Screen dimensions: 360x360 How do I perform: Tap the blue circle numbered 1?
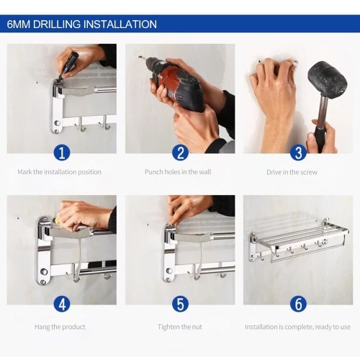62,153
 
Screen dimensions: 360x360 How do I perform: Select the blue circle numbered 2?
180,153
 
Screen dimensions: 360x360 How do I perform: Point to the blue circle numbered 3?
298,153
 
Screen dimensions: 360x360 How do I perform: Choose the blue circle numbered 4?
62,304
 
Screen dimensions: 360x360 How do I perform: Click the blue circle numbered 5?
180,304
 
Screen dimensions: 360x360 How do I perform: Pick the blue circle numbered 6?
298,304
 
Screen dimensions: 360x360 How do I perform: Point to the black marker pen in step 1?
70,63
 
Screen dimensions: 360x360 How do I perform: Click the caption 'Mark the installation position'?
59,172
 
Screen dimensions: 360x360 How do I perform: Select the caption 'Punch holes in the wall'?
178,172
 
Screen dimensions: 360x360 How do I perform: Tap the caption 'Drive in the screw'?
292,172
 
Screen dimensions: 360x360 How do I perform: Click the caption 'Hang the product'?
60,327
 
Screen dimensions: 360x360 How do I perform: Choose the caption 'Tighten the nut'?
180,327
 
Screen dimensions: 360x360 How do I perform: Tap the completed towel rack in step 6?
299,240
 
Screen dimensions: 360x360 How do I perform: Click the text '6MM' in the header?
19,24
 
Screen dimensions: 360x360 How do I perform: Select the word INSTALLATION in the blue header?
120,24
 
